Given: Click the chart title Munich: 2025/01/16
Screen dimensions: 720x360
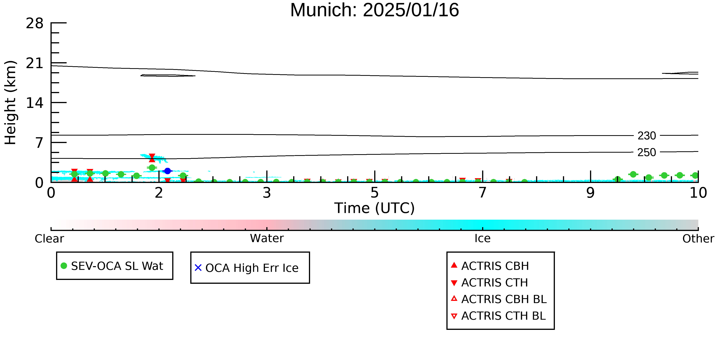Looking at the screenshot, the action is pyautogui.click(x=375, y=10).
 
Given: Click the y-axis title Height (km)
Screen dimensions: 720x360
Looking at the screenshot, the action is pyautogui.click(x=11, y=103).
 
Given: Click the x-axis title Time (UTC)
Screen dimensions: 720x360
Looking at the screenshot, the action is pyautogui.click(x=375, y=208).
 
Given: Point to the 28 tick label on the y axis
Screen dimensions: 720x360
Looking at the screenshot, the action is pyautogui.click(x=35, y=23).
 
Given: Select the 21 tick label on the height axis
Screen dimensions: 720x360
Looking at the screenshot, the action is pyautogui.click(x=35, y=63).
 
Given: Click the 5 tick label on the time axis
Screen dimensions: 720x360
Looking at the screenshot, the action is pyautogui.click(x=375, y=193).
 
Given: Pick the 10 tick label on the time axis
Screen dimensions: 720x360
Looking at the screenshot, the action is pyautogui.click(x=698, y=193).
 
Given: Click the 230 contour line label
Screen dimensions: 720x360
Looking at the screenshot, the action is pyautogui.click(x=647, y=136).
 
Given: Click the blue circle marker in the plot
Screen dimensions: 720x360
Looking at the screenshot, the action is pyautogui.click(x=167, y=171).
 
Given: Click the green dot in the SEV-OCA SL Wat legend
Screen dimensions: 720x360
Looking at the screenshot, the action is pyautogui.click(x=64, y=266).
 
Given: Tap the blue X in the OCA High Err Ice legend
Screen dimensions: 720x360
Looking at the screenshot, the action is pyautogui.click(x=198, y=268).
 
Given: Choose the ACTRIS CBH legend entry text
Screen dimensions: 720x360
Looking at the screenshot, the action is pyautogui.click(x=495, y=266).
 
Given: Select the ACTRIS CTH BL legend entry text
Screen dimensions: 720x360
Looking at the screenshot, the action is pyautogui.click(x=503, y=316).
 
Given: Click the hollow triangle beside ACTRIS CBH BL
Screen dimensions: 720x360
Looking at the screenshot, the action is pyautogui.click(x=454, y=299).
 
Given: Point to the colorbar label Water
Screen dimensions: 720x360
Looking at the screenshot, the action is pyautogui.click(x=267, y=238).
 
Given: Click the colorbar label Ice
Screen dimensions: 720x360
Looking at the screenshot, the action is pyautogui.click(x=482, y=238).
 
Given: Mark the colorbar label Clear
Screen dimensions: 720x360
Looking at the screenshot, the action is pyautogui.click(x=49, y=239).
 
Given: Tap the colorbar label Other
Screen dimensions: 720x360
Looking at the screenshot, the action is pyautogui.click(x=698, y=239).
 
